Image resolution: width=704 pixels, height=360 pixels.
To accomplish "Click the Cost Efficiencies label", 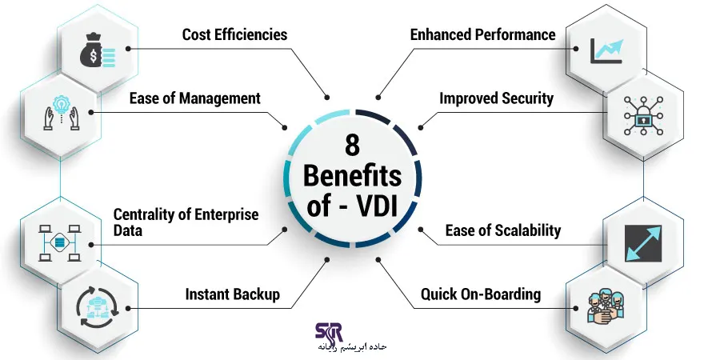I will (x=234, y=34).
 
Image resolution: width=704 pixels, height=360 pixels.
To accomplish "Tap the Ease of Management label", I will (x=195, y=98).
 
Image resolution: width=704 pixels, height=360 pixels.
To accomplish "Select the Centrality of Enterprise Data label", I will (x=186, y=222).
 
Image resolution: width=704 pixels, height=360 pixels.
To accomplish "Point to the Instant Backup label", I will (x=232, y=294).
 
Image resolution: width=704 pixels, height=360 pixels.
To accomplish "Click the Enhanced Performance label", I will (x=482, y=34).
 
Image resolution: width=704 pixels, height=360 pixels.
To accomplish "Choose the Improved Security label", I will (x=496, y=98).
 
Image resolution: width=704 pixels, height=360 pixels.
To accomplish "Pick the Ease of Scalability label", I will (x=502, y=230).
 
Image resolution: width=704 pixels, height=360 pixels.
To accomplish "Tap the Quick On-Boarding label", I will (x=481, y=294).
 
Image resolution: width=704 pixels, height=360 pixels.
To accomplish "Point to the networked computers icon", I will (x=57, y=238).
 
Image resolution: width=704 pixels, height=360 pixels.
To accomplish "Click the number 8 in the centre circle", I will (x=352, y=147).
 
